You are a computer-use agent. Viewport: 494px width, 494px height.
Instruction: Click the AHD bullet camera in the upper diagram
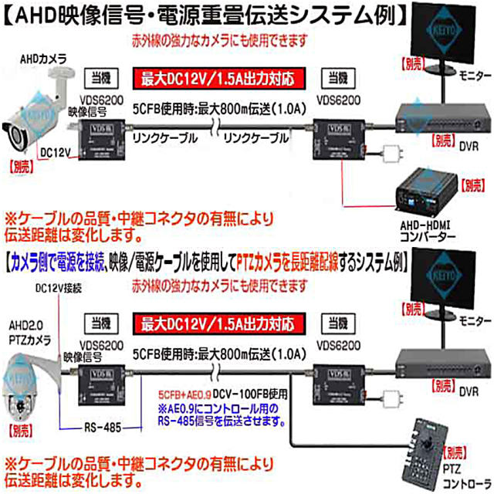35,108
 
